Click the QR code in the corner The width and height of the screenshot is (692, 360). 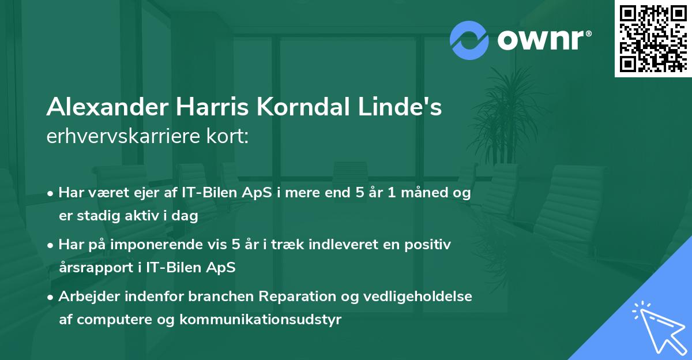pos(653,38)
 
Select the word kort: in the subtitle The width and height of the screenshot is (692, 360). pos(229,137)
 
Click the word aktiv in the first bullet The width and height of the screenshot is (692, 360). pos(135,216)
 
